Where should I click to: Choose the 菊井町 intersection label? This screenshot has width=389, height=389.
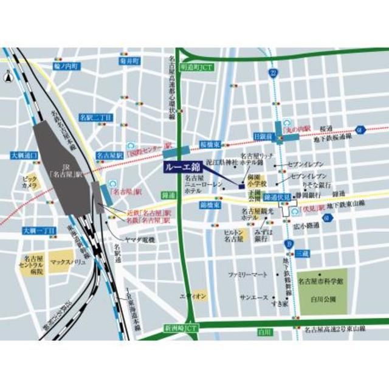129,61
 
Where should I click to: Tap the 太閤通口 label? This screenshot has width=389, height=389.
25,156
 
